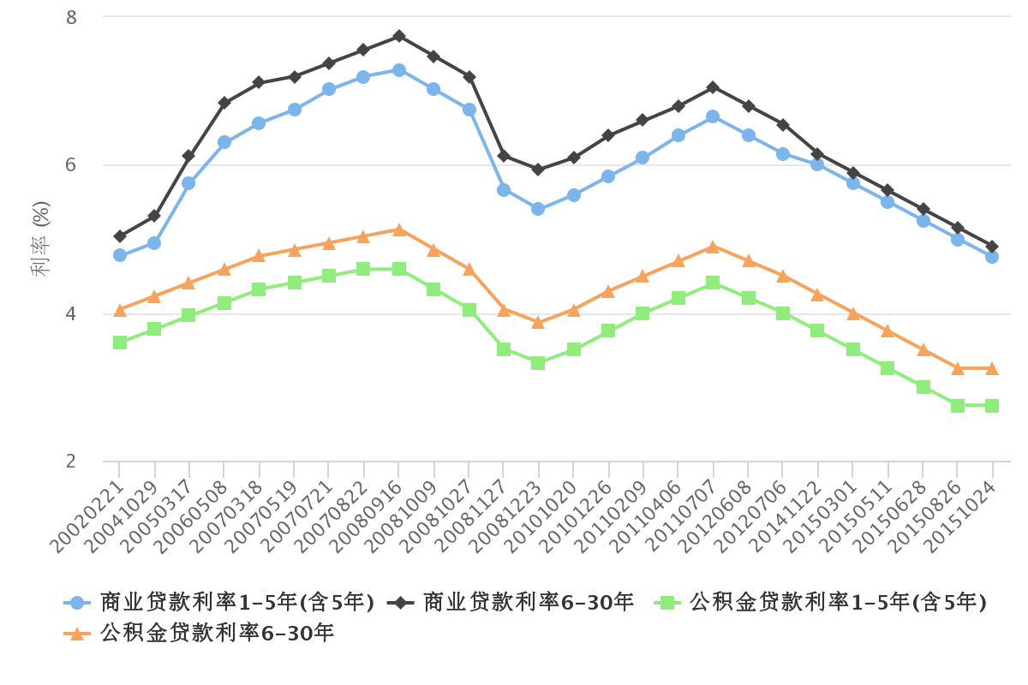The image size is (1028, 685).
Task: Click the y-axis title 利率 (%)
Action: pyautogui.click(x=40, y=239)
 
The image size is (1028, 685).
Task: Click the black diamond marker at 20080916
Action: pyautogui.click(x=399, y=36)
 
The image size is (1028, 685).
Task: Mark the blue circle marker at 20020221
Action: pyautogui.click(x=120, y=255)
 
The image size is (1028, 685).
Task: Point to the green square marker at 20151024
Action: pyautogui.click(x=992, y=406)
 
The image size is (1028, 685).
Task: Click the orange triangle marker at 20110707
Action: pyautogui.click(x=713, y=247)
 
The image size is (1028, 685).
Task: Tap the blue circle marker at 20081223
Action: pyautogui.click(x=538, y=209)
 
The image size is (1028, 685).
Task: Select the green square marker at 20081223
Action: pyautogui.click(x=538, y=363)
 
